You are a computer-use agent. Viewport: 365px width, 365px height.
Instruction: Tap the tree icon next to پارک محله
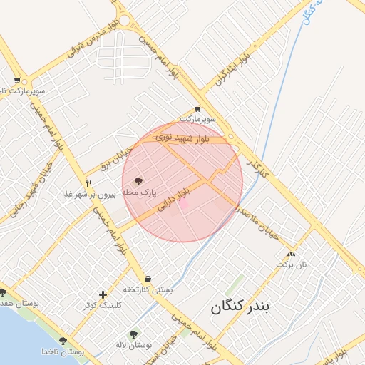click(138, 181)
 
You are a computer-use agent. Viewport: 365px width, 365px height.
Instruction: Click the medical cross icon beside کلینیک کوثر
click(103, 294)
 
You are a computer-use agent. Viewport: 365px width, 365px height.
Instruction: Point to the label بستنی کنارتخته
click(148, 289)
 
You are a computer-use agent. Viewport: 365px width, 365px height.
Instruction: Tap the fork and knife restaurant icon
click(89, 183)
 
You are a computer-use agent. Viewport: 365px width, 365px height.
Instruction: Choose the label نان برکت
click(292, 264)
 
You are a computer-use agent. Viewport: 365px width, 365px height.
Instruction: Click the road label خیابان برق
click(115, 161)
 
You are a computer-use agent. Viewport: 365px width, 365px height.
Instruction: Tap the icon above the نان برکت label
click(291, 253)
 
